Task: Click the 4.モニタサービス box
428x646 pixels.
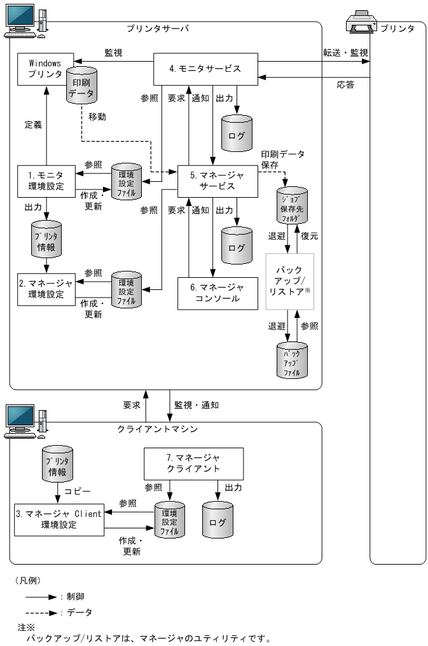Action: pyautogui.click(x=205, y=67)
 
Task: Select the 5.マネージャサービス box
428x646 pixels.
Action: pyautogui.click(x=217, y=181)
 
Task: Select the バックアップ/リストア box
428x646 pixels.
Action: pyautogui.click(x=289, y=281)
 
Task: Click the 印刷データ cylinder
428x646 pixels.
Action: pyautogui.click(x=81, y=89)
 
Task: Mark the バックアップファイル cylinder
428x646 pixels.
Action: pyautogui.click(x=292, y=361)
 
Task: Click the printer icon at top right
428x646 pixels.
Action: pyautogui.click(x=361, y=23)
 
